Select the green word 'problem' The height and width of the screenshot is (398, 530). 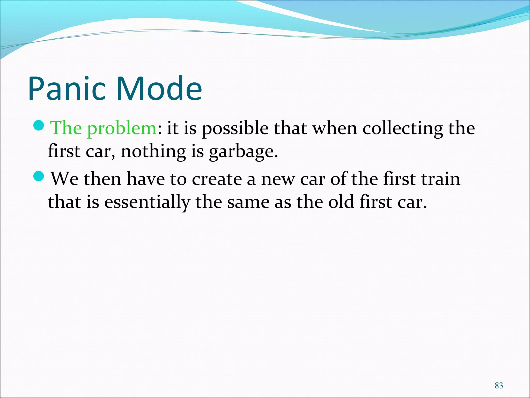click(x=122, y=129)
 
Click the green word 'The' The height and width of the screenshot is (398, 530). click(x=66, y=128)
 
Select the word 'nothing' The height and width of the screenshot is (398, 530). click(x=153, y=152)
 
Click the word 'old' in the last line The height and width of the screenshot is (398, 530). click(x=341, y=202)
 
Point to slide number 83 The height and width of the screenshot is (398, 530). click(x=499, y=385)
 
